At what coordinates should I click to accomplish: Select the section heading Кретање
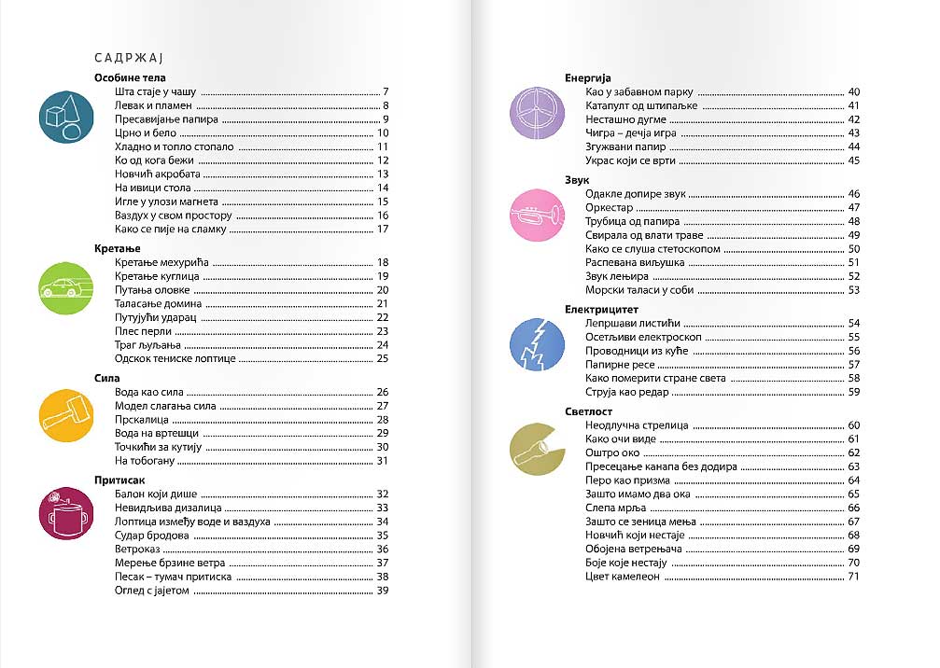119,248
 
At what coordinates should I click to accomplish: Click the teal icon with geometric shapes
66,117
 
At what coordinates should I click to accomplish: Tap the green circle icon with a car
66,285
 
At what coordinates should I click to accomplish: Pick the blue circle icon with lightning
537,344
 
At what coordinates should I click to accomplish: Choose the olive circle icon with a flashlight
537,449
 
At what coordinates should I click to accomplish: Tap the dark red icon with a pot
66,516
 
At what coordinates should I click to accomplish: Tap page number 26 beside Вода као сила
382,392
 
